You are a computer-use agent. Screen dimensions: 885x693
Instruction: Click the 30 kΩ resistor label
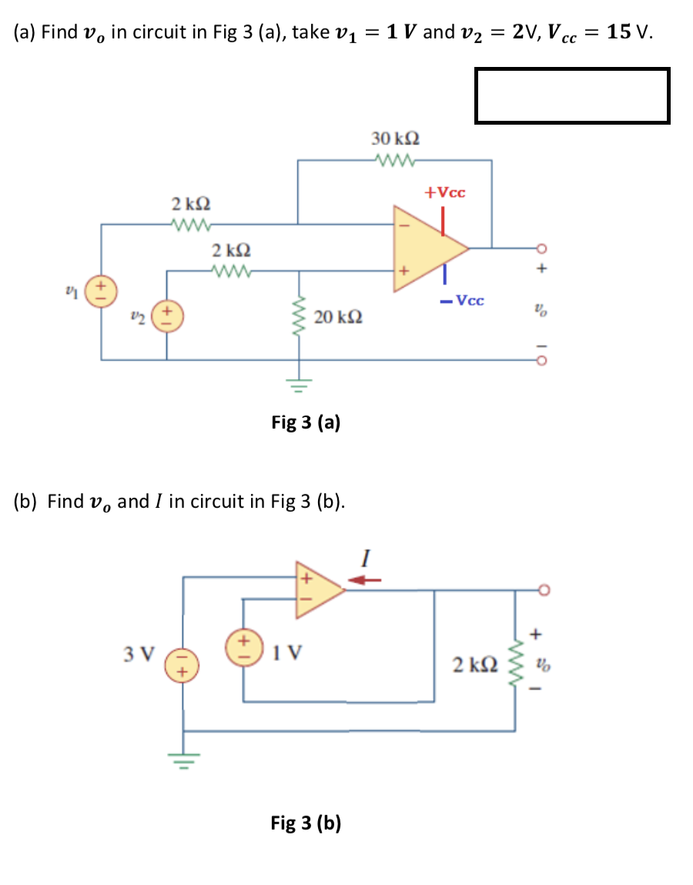point(395,139)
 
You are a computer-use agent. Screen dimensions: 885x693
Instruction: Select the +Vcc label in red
point(445,192)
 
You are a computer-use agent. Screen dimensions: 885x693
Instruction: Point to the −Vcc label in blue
point(462,300)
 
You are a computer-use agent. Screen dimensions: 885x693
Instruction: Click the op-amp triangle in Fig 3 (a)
point(427,248)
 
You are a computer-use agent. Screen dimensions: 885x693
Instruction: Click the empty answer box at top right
point(572,95)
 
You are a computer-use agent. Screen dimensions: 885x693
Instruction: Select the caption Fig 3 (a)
point(306,422)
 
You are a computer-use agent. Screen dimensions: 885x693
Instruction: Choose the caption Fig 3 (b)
point(306,823)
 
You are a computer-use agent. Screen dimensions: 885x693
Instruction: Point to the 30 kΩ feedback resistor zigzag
point(395,161)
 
